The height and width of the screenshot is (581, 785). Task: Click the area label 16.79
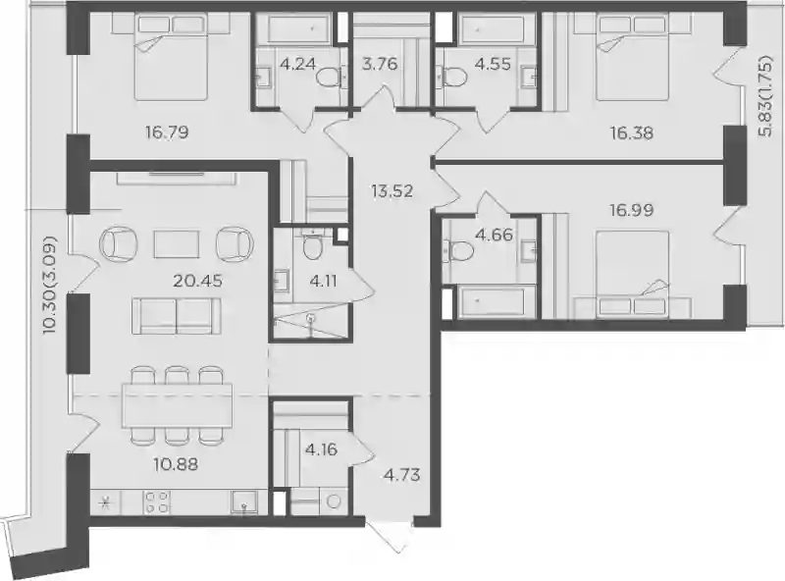167,132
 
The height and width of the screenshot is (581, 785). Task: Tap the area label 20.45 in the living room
197,281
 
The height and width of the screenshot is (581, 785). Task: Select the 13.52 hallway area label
392,190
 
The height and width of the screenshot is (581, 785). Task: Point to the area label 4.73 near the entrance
402,474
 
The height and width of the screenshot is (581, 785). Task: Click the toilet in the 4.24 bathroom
330,78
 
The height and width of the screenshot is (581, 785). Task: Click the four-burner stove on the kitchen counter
157,502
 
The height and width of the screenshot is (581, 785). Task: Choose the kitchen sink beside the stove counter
243,502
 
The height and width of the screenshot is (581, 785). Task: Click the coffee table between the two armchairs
177,244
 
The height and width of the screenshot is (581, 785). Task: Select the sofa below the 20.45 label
177,316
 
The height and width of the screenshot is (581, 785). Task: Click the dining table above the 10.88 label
178,404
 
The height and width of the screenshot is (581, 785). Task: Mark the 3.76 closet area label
379,64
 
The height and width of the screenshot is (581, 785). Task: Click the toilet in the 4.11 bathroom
313,247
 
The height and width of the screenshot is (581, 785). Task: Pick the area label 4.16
321,449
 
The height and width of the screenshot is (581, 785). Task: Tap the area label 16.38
631,132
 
